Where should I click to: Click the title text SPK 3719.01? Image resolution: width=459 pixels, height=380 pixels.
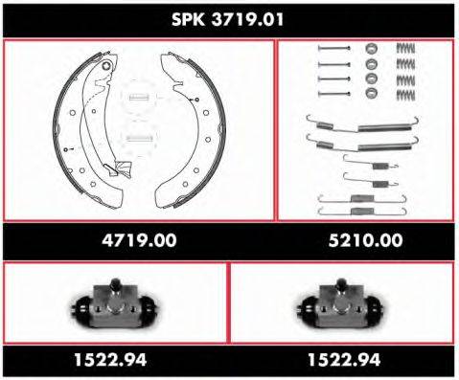pyautogui.click(x=228, y=18)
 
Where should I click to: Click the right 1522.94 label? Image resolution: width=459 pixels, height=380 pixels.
pyautogui.click(x=344, y=360)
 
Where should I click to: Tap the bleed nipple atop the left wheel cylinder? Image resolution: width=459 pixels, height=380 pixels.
pyautogui.click(x=112, y=283)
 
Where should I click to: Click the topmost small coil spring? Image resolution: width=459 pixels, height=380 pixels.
pyautogui.click(x=407, y=49)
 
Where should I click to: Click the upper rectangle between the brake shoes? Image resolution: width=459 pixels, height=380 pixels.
pyautogui.click(x=139, y=97)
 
